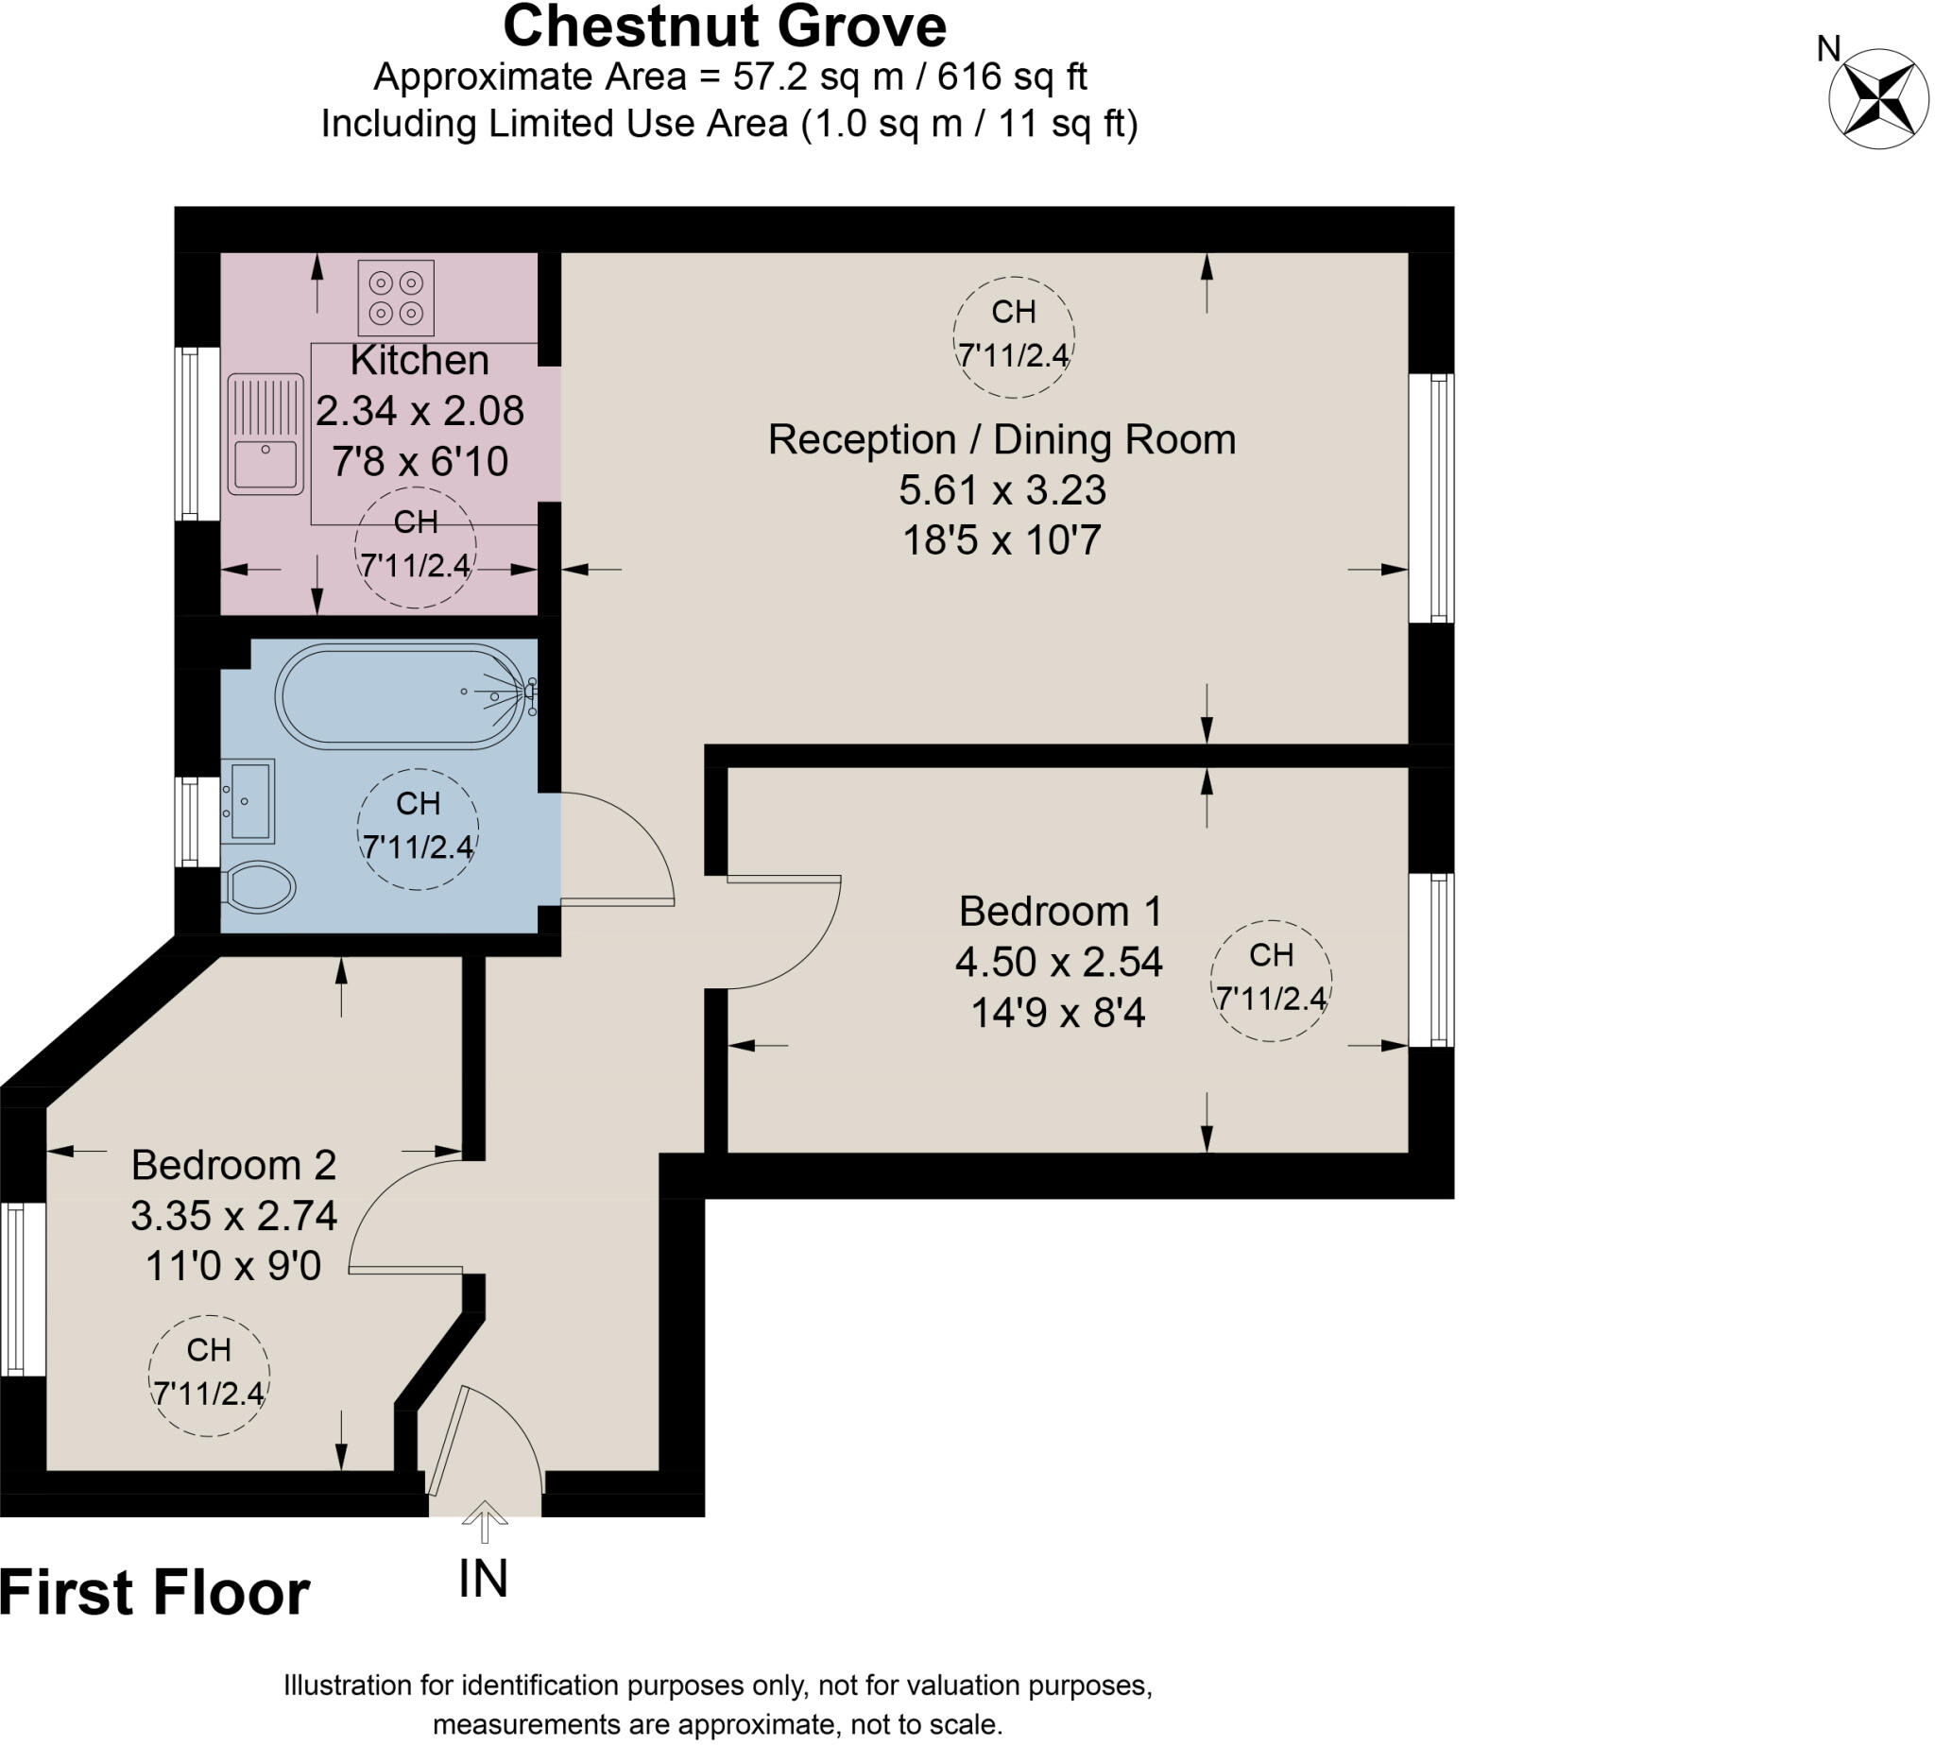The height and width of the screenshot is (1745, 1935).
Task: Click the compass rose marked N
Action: point(1877,98)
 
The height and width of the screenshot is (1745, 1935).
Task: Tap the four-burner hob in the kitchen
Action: point(396,298)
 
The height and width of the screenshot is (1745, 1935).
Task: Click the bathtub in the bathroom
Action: point(400,695)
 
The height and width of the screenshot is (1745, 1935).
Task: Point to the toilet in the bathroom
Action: point(259,886)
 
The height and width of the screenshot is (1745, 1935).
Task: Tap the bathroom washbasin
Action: point(248,800)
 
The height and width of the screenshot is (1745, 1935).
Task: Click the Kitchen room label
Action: point(419,361)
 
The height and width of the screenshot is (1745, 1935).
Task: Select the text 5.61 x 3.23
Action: point(1002,490)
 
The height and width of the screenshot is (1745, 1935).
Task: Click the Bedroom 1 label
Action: point(1059,911)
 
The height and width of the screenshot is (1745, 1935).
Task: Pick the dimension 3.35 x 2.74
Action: point(234,1216)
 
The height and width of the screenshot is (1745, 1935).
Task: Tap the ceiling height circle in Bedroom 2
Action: point(209,1375)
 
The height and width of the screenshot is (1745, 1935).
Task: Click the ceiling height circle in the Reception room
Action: point(1014,336)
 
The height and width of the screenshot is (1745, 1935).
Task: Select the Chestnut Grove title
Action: point(725,26)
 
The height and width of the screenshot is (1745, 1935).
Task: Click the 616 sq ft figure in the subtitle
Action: point(1012,77)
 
